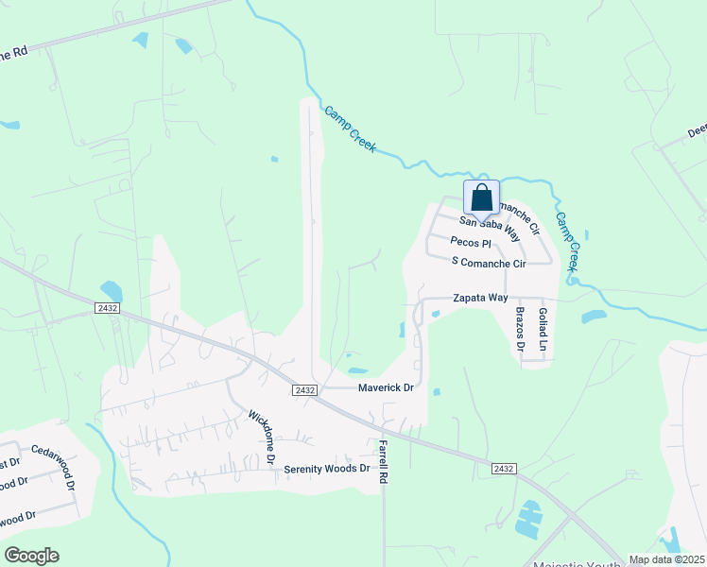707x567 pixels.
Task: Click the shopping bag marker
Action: [481, 198]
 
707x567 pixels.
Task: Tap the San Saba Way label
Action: [490, 227]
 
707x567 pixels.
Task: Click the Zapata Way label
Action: [479, 297]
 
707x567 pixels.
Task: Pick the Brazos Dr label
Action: [520, 329]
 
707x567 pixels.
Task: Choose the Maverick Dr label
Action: [386, 387]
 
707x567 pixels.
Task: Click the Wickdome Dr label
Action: [261, 436]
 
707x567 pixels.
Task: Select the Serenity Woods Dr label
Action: [327, 469]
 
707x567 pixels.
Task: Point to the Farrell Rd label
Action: [384, 461]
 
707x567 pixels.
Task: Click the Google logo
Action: [31, 556]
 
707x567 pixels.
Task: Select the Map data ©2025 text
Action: [665, 559]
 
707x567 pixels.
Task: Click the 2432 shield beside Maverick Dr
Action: [303, 389]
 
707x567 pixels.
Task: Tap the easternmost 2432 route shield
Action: [503, 469]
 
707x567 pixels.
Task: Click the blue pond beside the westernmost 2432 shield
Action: [112, 290]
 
